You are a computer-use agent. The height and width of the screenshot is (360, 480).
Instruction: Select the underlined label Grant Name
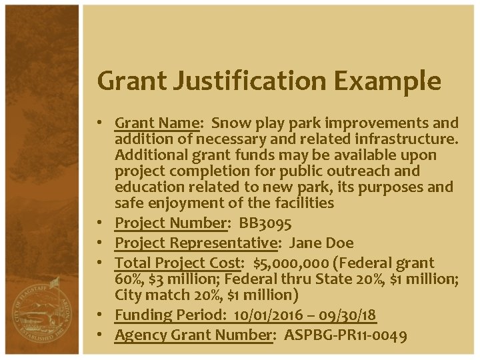157,123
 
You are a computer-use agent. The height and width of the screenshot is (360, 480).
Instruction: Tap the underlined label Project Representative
197,243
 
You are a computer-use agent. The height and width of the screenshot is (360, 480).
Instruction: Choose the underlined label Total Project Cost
178,263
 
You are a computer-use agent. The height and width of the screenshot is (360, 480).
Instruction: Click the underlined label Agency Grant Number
193,335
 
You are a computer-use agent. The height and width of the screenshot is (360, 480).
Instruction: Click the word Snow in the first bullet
231,123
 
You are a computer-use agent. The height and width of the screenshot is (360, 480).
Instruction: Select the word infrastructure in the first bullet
401,139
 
